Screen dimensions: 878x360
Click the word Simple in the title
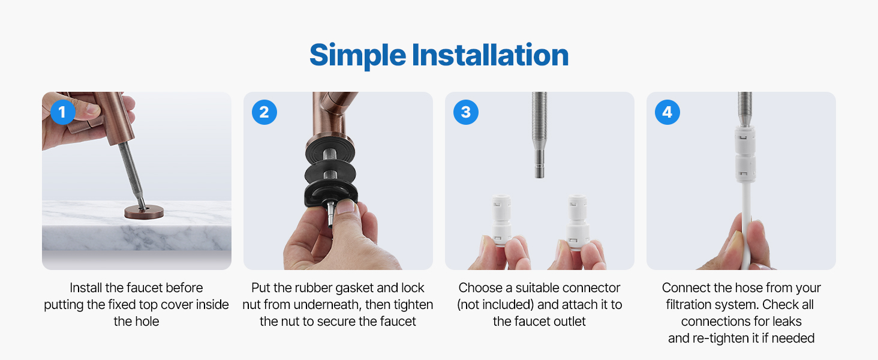tap(357, 56)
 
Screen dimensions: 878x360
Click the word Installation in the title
tap(490, 55)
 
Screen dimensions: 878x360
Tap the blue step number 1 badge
tap(63, 112)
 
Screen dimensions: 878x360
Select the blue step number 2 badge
tap(264, 112)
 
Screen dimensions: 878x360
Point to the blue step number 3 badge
tap(465, 112)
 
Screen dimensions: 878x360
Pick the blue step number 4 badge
tap(667, 112)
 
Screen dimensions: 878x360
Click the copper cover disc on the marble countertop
tap(144, 212)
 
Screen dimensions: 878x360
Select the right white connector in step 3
tap(578, 221)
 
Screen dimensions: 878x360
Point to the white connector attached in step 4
tap(745, 154)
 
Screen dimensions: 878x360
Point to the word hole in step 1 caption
tap(148, 322)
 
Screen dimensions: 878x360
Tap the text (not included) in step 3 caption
tap(495, 305)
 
